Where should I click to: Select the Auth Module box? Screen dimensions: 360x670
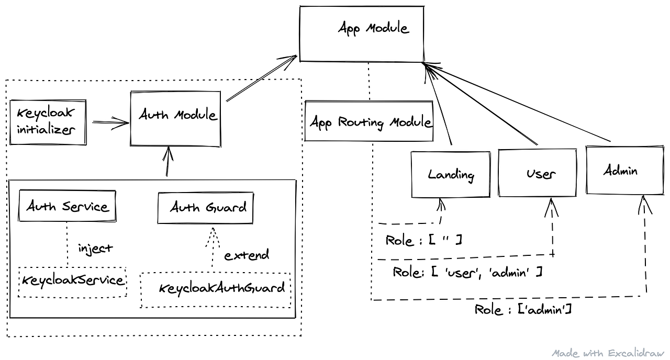click(x=175, y=118)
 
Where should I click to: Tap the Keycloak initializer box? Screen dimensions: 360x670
click(x=48, y=122)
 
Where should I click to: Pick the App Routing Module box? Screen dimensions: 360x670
click(x=369, y=122)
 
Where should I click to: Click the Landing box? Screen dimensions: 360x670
click(x=450, y=174)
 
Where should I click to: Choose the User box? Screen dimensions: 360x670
click(x=538, y=173)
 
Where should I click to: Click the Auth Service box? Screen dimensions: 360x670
click(x=67, y=206)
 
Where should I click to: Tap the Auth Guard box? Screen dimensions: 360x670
click(x=206, y=208)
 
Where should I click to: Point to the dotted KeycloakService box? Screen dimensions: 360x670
click(x=72, y=282)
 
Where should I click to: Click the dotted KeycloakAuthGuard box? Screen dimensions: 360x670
click(x=216, y=289)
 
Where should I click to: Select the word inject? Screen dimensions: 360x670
click(x=95, y=248)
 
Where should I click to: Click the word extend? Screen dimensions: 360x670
click(x=247, y=255)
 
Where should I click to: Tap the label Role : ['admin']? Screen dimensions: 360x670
click(x=522, y=309)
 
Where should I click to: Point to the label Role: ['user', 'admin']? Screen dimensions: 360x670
click(x=467, y=273)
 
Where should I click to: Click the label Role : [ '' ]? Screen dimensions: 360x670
click(x=423, y=240)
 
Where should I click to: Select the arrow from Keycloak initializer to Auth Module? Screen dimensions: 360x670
click(x=110, y=122)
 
